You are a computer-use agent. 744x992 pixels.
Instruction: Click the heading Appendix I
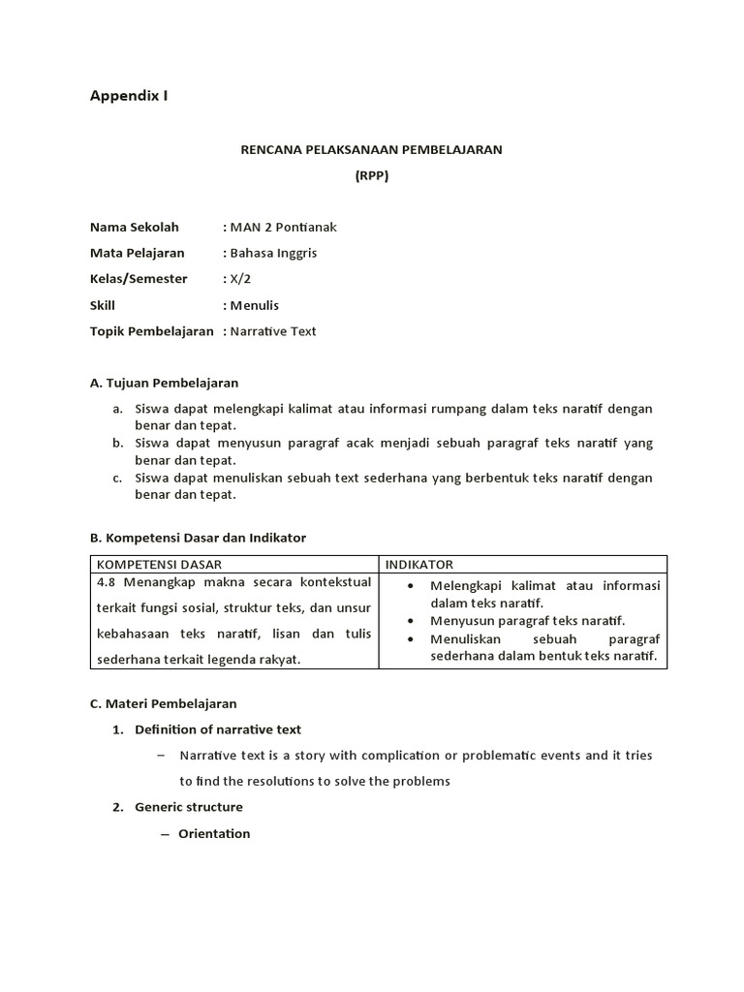(129, 95)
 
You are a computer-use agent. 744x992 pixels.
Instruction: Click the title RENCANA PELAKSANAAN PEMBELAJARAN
(371, 150)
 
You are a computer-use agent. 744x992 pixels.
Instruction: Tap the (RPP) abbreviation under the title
(371, 176)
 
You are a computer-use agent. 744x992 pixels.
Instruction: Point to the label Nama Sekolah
(135, 228)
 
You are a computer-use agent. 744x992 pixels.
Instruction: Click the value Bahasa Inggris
(273, 253)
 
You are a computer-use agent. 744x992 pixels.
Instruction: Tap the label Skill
(103, 305)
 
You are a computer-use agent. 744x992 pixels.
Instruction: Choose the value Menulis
(255, 305)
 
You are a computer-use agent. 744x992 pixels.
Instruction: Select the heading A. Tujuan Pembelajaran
(164, 383)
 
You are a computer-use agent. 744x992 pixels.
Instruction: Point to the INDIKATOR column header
(419, 564)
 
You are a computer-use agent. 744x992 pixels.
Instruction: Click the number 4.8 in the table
(107, 584)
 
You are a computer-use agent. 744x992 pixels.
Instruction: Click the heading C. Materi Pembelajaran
(163, 703)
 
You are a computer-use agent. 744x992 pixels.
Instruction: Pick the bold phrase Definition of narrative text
(218, 729)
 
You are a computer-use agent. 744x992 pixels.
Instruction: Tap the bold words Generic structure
(189, 807)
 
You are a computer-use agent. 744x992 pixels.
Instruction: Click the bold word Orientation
(214, 833)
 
